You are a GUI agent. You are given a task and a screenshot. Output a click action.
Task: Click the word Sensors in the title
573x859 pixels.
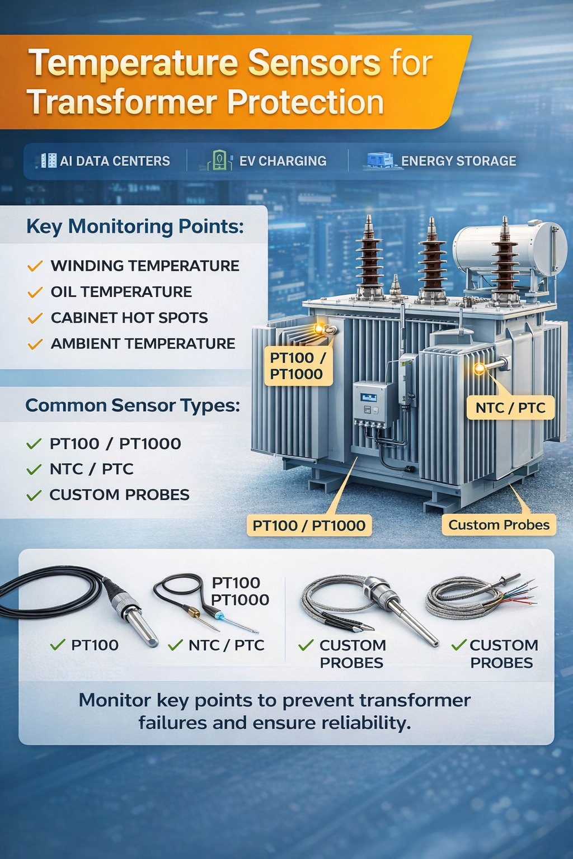tap(314, 63)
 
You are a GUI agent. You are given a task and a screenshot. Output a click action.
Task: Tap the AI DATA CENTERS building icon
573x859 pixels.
tap(49, 161)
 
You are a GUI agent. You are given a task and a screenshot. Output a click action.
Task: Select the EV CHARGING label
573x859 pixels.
tap(283, 161)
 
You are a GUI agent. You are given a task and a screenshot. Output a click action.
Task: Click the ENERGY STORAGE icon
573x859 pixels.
tap(380, 161)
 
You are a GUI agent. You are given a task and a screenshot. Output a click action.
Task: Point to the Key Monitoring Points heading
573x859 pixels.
tap(135, 226)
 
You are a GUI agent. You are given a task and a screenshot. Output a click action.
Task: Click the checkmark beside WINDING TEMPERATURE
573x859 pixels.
tap(35, 266)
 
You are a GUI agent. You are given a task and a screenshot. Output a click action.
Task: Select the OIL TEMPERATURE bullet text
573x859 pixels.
tap(121, 292)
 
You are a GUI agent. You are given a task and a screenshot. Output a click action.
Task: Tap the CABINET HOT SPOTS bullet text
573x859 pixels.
tap(129, 318)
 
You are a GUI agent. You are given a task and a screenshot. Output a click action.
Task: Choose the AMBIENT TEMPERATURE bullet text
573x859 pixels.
tap(143, 343)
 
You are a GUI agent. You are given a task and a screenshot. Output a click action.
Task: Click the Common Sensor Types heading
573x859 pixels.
tap(133, 405)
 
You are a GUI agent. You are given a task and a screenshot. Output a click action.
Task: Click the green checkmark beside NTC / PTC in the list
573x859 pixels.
tap(34, 469)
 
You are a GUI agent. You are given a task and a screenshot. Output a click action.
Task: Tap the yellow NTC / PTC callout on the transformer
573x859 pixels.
tap(510, 408)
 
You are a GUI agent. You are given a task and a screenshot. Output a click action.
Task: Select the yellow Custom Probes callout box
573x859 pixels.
tap(499, 525)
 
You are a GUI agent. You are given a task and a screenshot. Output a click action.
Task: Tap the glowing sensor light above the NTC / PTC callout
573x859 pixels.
tap(480, 369)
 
